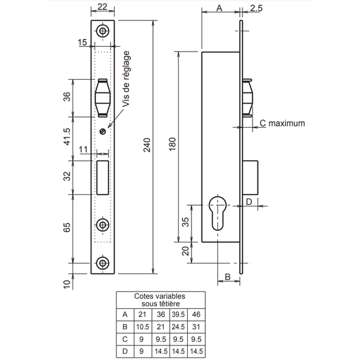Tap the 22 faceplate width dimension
pyautogui.click(x=102, y=7)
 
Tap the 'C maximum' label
pyautogui.click(x=283, y=123)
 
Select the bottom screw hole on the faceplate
pyautogui.click(x=103, y=263)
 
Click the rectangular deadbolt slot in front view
pyautogui.click(x=103, y=176)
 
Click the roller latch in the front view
pyautogui.click(x=103, y=97)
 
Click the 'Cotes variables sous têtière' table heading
pyautogui.click(x=160, y=301)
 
